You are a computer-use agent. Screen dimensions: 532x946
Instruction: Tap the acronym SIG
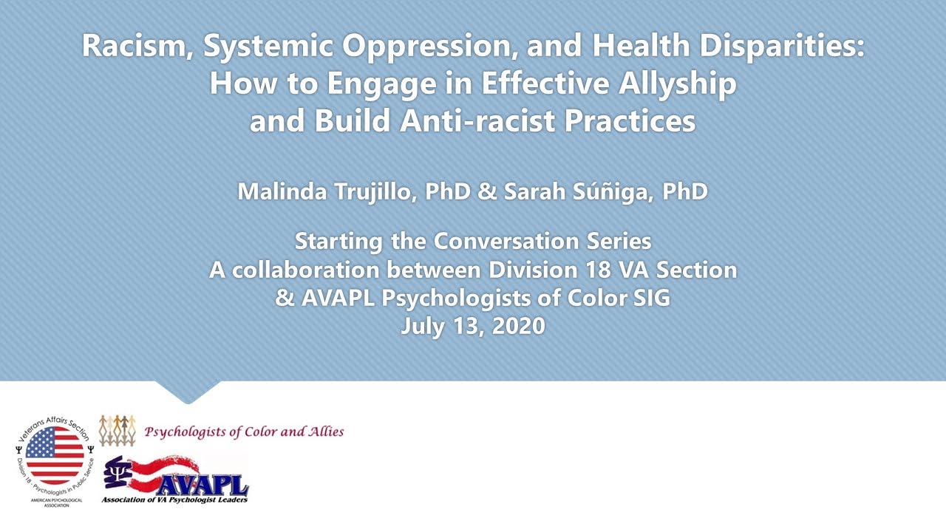(x=647, y=299)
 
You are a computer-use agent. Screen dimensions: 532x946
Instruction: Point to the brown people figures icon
(x=118, y=430)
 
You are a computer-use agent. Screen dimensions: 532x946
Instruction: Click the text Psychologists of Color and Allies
(x=244, y=432)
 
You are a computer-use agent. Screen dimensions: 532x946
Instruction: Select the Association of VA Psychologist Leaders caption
(x=174, y=499)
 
